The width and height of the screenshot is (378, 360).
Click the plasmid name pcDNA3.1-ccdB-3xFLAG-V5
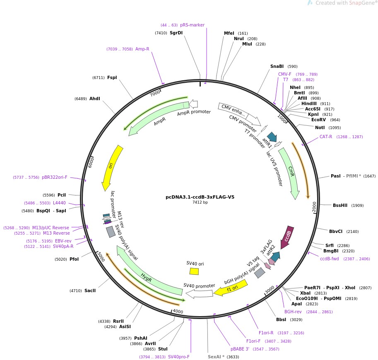pos(200,197)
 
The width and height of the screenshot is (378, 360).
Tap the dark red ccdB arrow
pos(287,234)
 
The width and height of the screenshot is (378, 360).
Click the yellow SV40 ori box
pos(194,271)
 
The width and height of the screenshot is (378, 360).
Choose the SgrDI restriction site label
pos(176,33)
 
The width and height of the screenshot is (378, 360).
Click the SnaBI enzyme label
pos(277,66)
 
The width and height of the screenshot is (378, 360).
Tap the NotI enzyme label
pos(320,127)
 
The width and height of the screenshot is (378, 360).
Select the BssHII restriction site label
pos(340,205)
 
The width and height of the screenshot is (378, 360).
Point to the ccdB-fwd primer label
pos(329,259)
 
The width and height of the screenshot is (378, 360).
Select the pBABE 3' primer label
pos(240,349)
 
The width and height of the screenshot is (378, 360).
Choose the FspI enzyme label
pos(112,77)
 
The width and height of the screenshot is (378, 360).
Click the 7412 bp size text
pos(200,202)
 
